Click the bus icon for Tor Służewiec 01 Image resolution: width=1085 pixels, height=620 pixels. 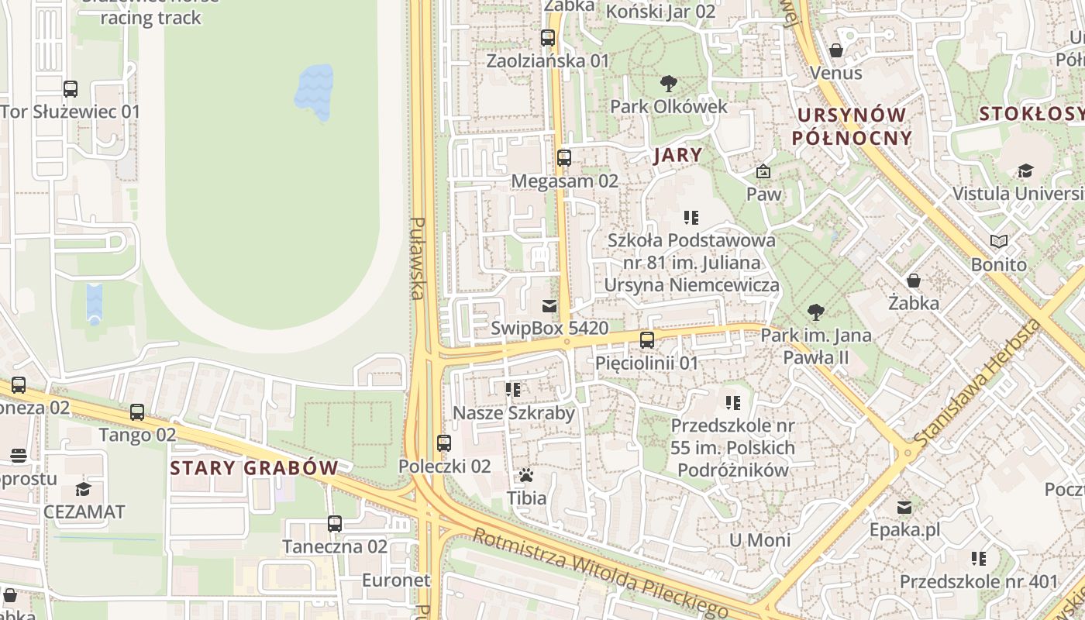pos(71,89)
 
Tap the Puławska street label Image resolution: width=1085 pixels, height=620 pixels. pos(418,258)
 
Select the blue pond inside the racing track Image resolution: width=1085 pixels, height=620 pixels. pos(314,92)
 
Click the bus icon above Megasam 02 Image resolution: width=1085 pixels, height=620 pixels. pos(564,158)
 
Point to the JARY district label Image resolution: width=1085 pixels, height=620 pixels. pos(678,155)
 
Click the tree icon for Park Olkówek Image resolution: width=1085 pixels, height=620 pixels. pos(668,84)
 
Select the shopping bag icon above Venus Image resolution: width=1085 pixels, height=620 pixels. pos(836,50)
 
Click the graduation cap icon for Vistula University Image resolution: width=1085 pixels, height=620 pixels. pos(1025,170)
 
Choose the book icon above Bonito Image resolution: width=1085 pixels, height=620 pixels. pos(999,242)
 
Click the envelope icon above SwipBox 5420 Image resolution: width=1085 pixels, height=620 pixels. pos(549,305)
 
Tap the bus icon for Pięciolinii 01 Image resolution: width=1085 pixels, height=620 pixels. pos(646,340)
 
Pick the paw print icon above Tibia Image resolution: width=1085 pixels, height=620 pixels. pos(526,475)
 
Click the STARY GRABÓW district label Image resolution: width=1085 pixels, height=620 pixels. pos(254,468)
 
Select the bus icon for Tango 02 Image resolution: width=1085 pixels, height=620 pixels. pos(137,412)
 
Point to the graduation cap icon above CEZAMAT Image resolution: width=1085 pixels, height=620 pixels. pos(83,489)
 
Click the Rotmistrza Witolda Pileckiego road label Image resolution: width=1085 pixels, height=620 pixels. pos(600,572)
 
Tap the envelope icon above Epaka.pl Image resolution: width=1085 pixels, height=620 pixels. pos(904,508)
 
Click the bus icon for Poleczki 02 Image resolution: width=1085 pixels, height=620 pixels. pos(444,443)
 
